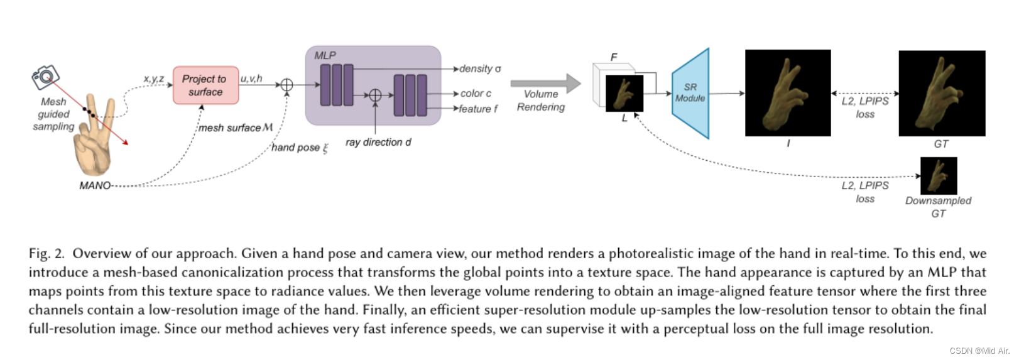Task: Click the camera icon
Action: tap(45, 77)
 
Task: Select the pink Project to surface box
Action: tap(205, 85)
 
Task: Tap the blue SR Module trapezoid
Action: tap(690, 93)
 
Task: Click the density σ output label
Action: tap(480, 68)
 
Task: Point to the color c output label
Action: tap(476, 93)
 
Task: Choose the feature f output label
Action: tap(478, 109)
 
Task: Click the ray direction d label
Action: tap(378, 142)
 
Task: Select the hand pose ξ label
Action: tap(300, 148)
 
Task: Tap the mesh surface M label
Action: tap(236, 128)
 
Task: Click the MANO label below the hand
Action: tap(95, 185)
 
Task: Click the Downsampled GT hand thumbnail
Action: tap(939, 176)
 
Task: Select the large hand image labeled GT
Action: tap(942, 93)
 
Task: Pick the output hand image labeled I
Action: tap(788, 93)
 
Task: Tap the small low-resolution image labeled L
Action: tap(624, 94)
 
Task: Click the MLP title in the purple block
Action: tap(325, 55)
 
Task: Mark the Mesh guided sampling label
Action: tap(53, 114)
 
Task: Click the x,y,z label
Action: tap(153, 79)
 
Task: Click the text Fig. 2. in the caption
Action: tap(46, 254)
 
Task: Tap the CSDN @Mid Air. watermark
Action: tap(979, 351)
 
